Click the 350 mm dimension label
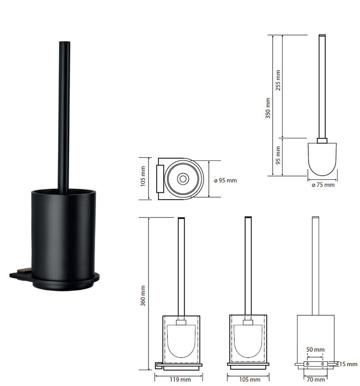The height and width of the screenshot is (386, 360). click(x=268, y=108)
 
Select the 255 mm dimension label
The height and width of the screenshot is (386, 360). click(x=278, y=80)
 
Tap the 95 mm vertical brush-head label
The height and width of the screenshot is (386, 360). click(x=278, y=155)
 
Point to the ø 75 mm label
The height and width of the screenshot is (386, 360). click(x=323, y=185)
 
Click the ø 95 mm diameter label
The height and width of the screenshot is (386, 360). click(x=225, y=181)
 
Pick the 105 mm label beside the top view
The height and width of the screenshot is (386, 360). click(x=143, y=176)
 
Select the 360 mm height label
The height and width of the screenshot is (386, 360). click(x=143, y=296)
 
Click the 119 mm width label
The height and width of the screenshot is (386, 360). click(x=180, y=380)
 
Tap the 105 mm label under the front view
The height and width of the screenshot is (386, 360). click(x=250, y=380)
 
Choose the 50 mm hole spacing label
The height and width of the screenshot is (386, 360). click(x=315, y=350)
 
